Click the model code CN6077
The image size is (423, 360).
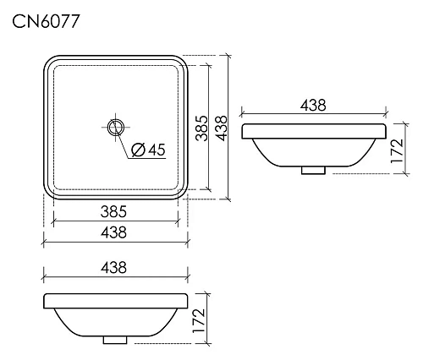(x=47, y=22)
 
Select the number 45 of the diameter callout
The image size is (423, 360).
(x=155, y=151)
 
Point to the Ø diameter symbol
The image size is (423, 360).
(x=138, y=151)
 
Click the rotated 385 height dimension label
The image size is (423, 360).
(x=202, y=128)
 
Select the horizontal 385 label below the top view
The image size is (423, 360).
(x=113, y=209)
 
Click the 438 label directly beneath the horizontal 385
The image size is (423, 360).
(x=113, y=231)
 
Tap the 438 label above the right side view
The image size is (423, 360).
(x=313, y=105)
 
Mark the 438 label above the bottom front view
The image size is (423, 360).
(x=113, y=267)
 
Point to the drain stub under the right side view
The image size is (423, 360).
(x=313, y=169)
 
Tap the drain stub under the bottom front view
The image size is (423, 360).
(x=114, y=339)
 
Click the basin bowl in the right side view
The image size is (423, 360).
(x=313, y=150)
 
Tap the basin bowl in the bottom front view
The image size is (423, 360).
(x=114, y=319)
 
